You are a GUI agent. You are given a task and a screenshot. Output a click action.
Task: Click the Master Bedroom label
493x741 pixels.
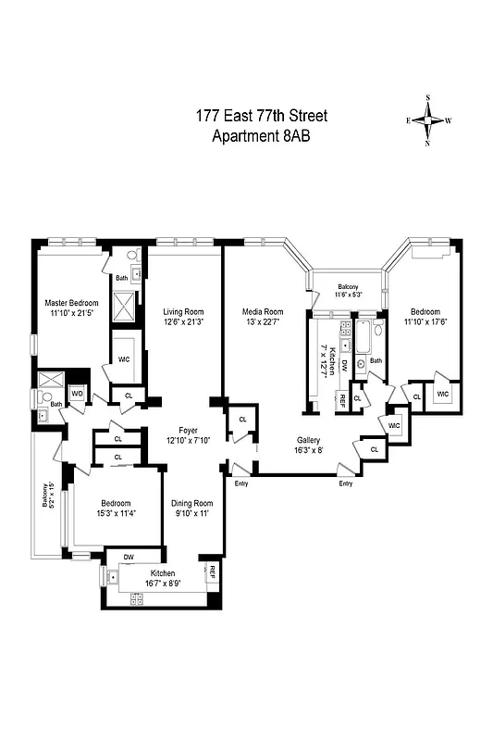click(71, 303)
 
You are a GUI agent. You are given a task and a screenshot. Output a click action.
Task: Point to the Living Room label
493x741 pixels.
click(183, 311)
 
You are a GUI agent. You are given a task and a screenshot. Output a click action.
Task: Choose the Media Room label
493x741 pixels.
click(263, 311)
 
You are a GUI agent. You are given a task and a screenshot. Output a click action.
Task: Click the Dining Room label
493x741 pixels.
click(193, 503)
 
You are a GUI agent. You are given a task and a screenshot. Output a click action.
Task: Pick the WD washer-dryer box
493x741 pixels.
click(77, 394)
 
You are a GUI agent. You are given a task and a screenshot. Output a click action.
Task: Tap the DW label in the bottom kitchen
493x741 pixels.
click(129, 557)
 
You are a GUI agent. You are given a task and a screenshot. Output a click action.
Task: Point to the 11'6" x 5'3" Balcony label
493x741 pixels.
click(348, 287)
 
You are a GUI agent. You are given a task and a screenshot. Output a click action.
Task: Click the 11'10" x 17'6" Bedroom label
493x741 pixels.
click(425, 312)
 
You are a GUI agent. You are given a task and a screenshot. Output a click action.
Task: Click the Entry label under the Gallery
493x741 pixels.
click(346, 483)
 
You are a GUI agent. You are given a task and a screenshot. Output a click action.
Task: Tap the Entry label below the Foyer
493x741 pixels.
click(241, 483)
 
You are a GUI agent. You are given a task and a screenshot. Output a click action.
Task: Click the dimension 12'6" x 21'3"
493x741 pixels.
click(183, 321)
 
